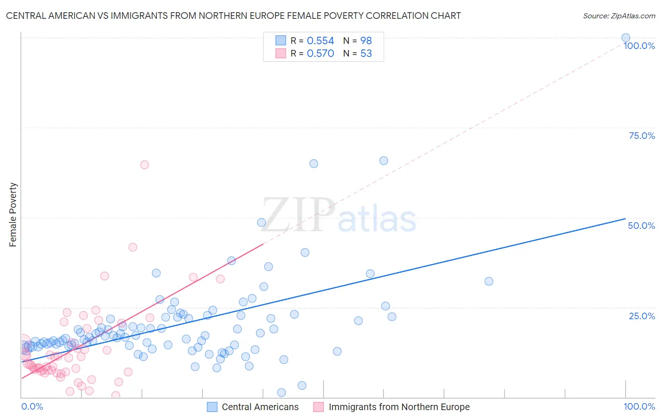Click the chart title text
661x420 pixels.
click(233, 16)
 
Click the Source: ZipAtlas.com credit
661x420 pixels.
click(619, 16)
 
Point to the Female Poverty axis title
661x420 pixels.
click(13, 215)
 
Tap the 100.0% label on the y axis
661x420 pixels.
click(639, 46)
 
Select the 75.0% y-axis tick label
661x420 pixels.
click(642, 136)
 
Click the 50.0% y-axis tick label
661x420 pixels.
click(641, 226)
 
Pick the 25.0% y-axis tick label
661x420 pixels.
click(642, 316)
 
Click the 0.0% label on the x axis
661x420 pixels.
click(32, 406)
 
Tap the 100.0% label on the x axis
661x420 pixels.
click(639, 406)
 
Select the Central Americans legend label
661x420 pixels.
click(260, 407)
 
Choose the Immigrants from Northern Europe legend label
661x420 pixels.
click(399, 407)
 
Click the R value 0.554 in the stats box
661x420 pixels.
click(320, 41)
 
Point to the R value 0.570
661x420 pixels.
click(320, 54)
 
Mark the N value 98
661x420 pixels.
click(366, 41)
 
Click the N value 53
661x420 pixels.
click(366, 54)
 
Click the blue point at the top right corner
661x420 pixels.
click(626, 38)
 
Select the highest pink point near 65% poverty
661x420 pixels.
click(144, 165)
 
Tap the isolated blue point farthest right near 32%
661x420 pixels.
click(489, 282)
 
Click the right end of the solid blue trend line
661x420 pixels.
click(625, 218)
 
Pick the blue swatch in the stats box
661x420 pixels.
click(281, 40)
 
